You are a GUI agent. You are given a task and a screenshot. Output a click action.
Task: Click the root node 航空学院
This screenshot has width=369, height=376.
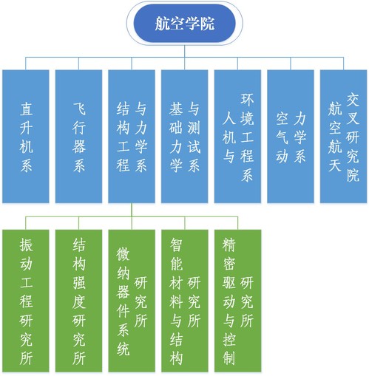click(185, 24)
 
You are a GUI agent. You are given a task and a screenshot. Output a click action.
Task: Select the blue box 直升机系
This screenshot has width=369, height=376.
click(26, 137)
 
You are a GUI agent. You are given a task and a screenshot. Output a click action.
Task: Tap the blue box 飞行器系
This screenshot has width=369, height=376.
click(78, 137)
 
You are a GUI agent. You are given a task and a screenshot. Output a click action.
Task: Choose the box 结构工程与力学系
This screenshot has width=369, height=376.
click(132, 137)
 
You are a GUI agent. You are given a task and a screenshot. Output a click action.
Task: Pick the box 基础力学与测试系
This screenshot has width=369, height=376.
click(185, 137)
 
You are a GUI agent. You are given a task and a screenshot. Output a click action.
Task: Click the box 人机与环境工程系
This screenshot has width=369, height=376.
click(237, 137)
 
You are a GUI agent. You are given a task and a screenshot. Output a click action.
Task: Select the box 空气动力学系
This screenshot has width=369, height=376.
click(291, 137)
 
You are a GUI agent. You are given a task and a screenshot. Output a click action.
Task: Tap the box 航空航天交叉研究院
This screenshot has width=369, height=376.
click(344, 137)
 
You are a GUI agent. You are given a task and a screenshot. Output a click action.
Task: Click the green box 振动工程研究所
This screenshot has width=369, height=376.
click(26, 301)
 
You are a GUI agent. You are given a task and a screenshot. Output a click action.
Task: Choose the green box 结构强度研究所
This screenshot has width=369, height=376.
click(78, 301)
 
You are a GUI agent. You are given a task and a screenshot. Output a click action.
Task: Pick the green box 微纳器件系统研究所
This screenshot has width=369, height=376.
click(132, 301)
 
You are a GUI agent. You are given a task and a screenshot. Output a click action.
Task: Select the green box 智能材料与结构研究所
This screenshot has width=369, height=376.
click(185, 301)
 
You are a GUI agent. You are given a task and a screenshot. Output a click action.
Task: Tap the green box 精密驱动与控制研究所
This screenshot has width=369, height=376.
click(237, 301)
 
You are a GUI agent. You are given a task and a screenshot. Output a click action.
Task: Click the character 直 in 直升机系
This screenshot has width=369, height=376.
click(26, 109)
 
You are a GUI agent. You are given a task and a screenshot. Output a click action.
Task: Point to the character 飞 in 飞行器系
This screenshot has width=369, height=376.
click(79, 109)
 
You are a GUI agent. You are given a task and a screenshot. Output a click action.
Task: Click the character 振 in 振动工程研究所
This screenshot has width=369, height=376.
click(26, 245)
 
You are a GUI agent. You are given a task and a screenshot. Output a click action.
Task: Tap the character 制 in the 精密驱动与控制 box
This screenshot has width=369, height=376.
click(229, 358)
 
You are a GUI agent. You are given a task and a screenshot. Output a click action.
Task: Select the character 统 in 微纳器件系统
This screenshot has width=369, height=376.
click(123, 349)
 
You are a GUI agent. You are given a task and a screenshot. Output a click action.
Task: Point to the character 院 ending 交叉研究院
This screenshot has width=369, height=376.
click(353, 175)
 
